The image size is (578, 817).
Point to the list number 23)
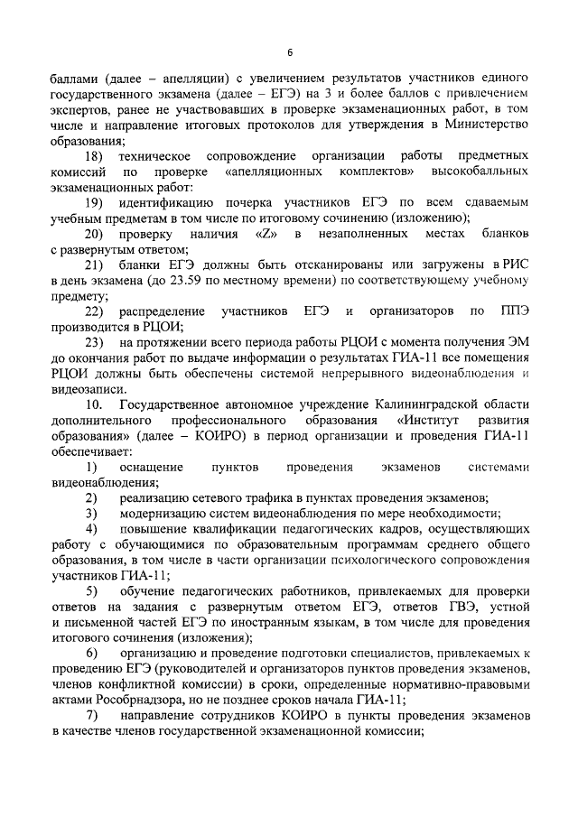click(94, 344)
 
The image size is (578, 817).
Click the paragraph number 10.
click(94, 406)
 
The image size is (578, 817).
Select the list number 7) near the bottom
click(91, 717)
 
